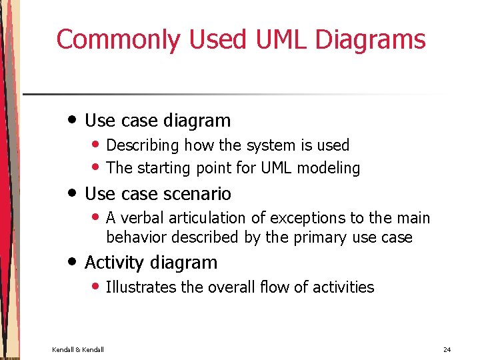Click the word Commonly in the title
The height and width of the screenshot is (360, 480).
tap(118, 40)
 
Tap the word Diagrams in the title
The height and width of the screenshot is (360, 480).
tap(370, 40)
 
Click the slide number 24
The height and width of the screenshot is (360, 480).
tap(447, 349)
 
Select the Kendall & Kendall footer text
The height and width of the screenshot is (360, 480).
tap(78, 349)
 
